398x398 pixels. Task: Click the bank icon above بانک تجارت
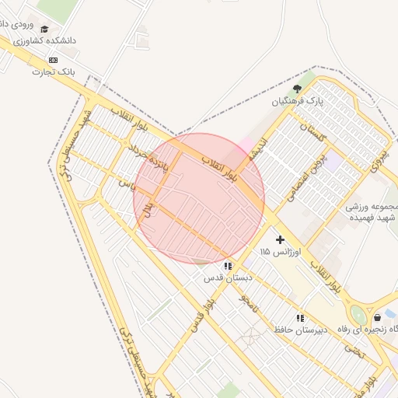pyautogui.click(x=53, y=60)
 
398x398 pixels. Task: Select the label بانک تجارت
pyautogui.click(x=52, y=72)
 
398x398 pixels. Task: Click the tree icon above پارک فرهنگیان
pyautogui.click(x=297, y=89)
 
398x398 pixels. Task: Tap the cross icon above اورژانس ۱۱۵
pyautogui.click(x=280, y=240)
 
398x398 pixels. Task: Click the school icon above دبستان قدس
pyautogui.click(x=227, y=266)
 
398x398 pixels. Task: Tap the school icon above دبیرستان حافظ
pyautogui.click(x=299, y=317)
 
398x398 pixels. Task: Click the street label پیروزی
pyautogui.click(x=379, y=159)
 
